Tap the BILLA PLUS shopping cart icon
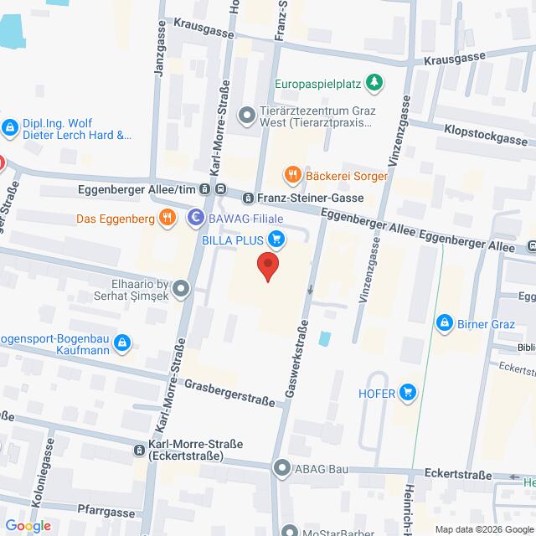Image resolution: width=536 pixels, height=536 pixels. click(278, 240)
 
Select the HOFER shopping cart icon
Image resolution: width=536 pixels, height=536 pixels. click(408, 391)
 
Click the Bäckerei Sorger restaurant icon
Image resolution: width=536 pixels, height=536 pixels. click(292, 175)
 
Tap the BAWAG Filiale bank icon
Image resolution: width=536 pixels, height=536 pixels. click(195, 219)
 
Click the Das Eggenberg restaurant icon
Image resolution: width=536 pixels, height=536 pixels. click(167, 219)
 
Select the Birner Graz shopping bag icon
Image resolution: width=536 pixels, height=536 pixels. click(443, 322)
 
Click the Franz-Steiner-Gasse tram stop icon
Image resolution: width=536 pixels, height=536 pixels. click(248, 198)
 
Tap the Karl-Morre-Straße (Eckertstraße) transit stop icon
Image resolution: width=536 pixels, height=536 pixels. click(138, 450)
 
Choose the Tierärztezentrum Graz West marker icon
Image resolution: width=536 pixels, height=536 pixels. click(246, 115)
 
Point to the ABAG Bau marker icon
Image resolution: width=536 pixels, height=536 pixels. click(282, 468)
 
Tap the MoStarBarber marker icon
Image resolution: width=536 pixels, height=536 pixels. click(290, 530)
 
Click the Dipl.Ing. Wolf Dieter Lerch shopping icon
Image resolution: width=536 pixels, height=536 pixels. click(10, 127)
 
